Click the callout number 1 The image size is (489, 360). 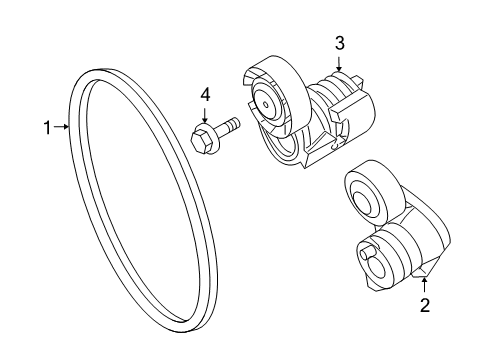[46, 127]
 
